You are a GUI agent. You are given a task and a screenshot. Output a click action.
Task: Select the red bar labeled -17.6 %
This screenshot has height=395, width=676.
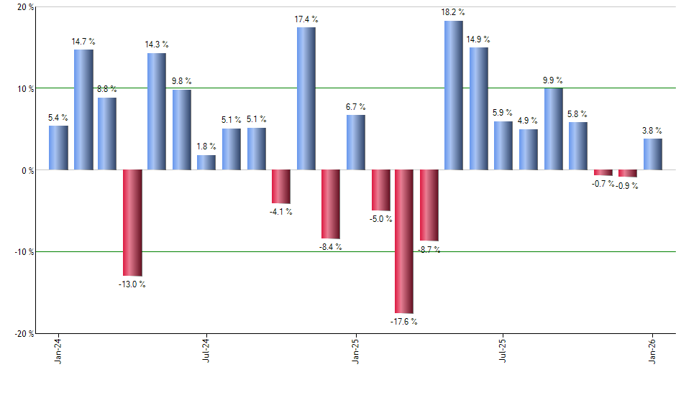404,241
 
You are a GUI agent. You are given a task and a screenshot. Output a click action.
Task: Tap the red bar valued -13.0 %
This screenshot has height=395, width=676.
132,223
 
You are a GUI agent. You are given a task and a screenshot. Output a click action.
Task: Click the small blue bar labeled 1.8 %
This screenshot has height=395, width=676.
206,162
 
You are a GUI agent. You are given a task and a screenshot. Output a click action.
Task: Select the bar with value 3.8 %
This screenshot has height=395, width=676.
653,154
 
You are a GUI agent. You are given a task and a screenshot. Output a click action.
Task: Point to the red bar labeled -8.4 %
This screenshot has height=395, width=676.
331,204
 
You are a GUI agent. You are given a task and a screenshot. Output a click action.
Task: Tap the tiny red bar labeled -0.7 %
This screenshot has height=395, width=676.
603,172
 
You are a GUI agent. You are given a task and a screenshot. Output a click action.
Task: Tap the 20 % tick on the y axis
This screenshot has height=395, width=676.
25,7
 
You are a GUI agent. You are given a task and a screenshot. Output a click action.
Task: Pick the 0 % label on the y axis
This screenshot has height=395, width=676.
27,171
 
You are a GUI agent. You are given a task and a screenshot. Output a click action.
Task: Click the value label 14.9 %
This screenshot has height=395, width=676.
479,39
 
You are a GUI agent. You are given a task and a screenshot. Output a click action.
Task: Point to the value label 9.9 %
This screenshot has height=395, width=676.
553,80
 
